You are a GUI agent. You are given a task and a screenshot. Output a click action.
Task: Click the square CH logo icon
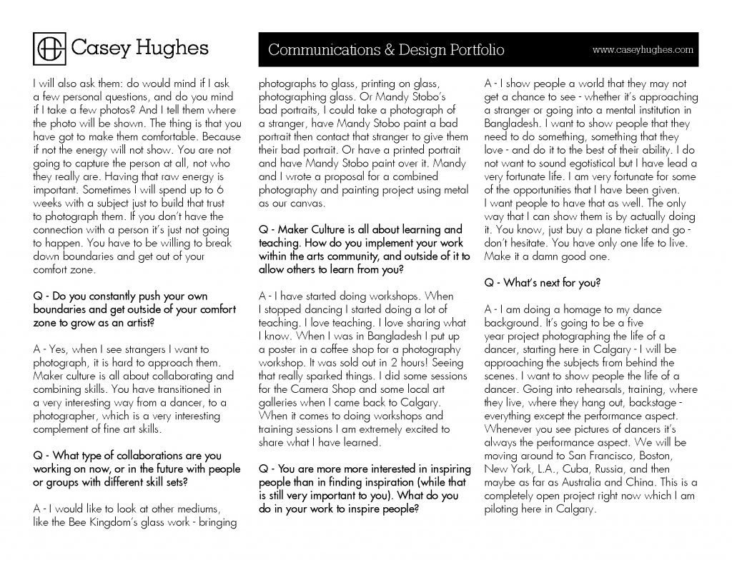point(50,48)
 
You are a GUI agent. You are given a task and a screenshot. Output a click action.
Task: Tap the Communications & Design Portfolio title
point(386,49)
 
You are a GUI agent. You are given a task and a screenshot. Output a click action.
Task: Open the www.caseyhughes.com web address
point(643,49)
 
